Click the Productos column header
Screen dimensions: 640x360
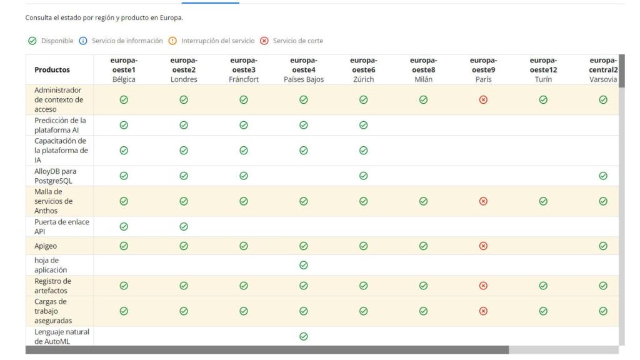click(x=52, y=70)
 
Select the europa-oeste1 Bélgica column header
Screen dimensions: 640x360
click(x=124, y=70)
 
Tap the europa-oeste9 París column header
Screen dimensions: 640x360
click(x=483, y=70)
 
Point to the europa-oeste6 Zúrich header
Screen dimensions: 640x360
click(x=363, y=70)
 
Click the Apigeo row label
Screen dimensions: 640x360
click(x=46, y=246)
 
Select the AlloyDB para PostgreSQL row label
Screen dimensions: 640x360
click(x=55, y=176)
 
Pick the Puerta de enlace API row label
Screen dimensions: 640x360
click(x=62, y=226)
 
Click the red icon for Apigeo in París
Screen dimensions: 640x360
click(x=483, y=246)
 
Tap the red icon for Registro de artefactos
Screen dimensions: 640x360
click(x=483, y=286)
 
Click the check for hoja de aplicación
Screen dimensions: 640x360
click(x=303, y=265)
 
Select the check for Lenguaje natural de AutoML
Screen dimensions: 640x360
click(x=303, y=336)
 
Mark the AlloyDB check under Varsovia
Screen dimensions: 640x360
click(x=603, y=176)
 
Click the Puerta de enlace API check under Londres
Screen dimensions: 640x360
click(x=184, y=226)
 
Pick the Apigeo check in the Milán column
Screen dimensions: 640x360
click(x=423, y=246)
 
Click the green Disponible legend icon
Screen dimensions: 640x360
click(x=32, y=41)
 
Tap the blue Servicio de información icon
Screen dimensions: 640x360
click(x=83, y=41)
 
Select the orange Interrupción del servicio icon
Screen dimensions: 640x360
click(x=172, y=41)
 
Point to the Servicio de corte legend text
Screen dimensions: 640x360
click(x=298, y=41)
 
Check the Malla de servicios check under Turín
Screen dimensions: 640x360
click(x=543, y=201)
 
